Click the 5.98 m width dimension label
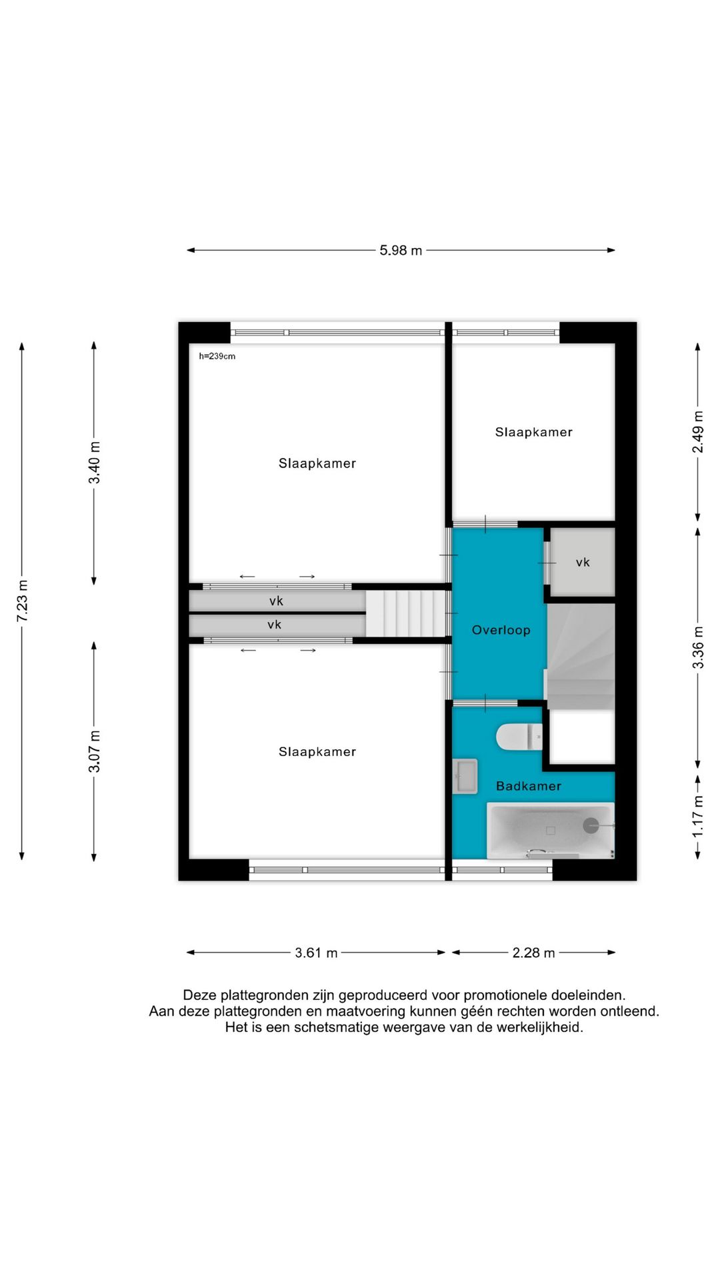(x=401, y=251)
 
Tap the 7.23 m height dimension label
(x=23, y=601)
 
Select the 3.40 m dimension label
(x=95, y=463)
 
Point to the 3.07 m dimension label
(x=95, y=751)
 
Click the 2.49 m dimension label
(x=697, y=431)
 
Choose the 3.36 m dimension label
(x=697, y=647)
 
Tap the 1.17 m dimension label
(x=697, y=817)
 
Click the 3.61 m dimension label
(x=316, y=953)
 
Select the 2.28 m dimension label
(x=533, y=953)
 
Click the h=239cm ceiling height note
(x=217, y=356)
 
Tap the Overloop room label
(x=501, y=630)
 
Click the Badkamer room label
(x=529, y=786)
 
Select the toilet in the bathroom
(x=519, y=737)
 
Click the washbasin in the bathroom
(x=465, y=776)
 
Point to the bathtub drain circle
(x=591, y=826)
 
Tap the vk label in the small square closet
(x=583, y=563)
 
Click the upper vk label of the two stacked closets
(x=276, y=601)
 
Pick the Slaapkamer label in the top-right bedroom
(x=534, y=432)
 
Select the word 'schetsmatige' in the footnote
(x=337, y=1027)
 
